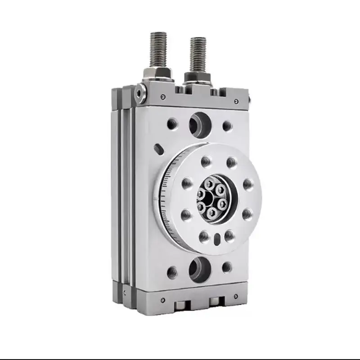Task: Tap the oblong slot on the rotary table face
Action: [217, 238]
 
